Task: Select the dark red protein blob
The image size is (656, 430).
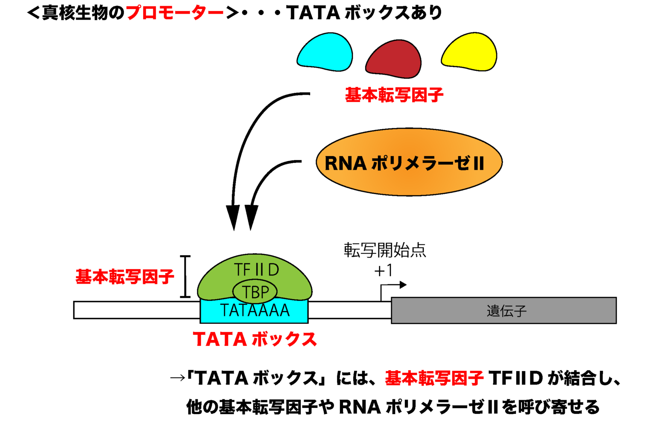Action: click(393, 60)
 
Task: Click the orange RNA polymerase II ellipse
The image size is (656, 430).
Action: click(409, 162)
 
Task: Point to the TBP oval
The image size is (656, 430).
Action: click(255, 292)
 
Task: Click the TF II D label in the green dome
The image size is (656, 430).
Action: click(256, 270)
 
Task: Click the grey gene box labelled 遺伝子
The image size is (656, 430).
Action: click(504, 310)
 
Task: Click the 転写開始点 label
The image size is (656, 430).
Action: click(385, 250)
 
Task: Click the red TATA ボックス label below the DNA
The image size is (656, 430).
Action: click(255, 340)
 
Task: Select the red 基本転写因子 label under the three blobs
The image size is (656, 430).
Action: click(394, 95)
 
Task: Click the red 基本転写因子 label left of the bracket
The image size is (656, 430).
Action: click(125, 277)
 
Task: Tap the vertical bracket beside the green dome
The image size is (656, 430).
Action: click(185, 276)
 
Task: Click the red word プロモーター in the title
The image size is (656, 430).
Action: click(175, 13)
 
